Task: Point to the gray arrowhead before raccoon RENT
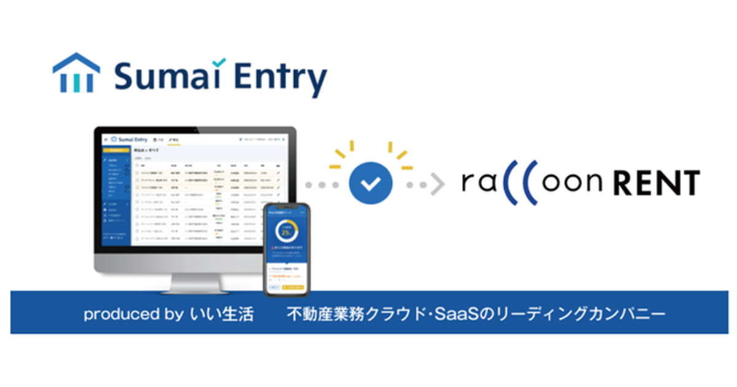tap(437, 184)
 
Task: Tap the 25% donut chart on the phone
tap(286, 232)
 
